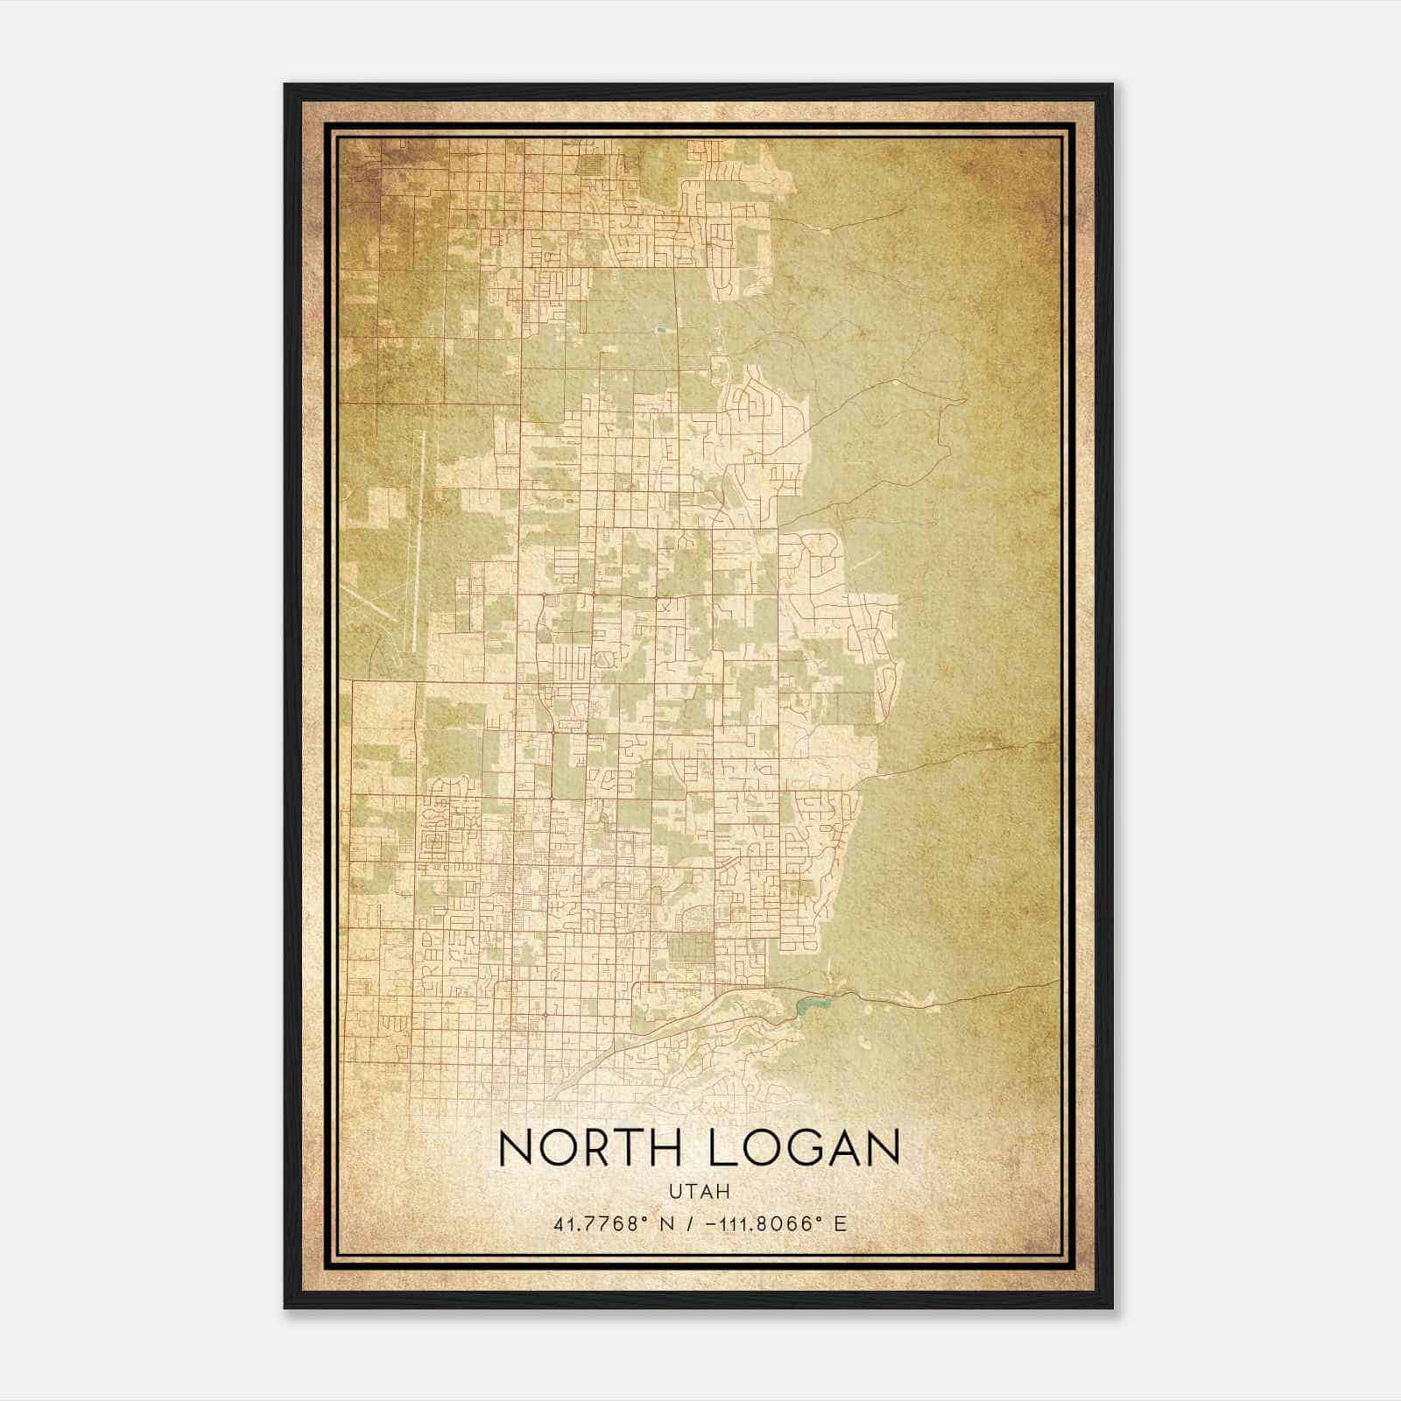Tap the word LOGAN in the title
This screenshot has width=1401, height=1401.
click(x=804, y=1148)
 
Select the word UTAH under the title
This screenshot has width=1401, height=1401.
click(x=700, y=1191)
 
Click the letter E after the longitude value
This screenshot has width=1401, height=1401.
click(x=841, y=1223)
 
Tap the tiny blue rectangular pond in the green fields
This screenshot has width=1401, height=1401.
click(x=659, y=329)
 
